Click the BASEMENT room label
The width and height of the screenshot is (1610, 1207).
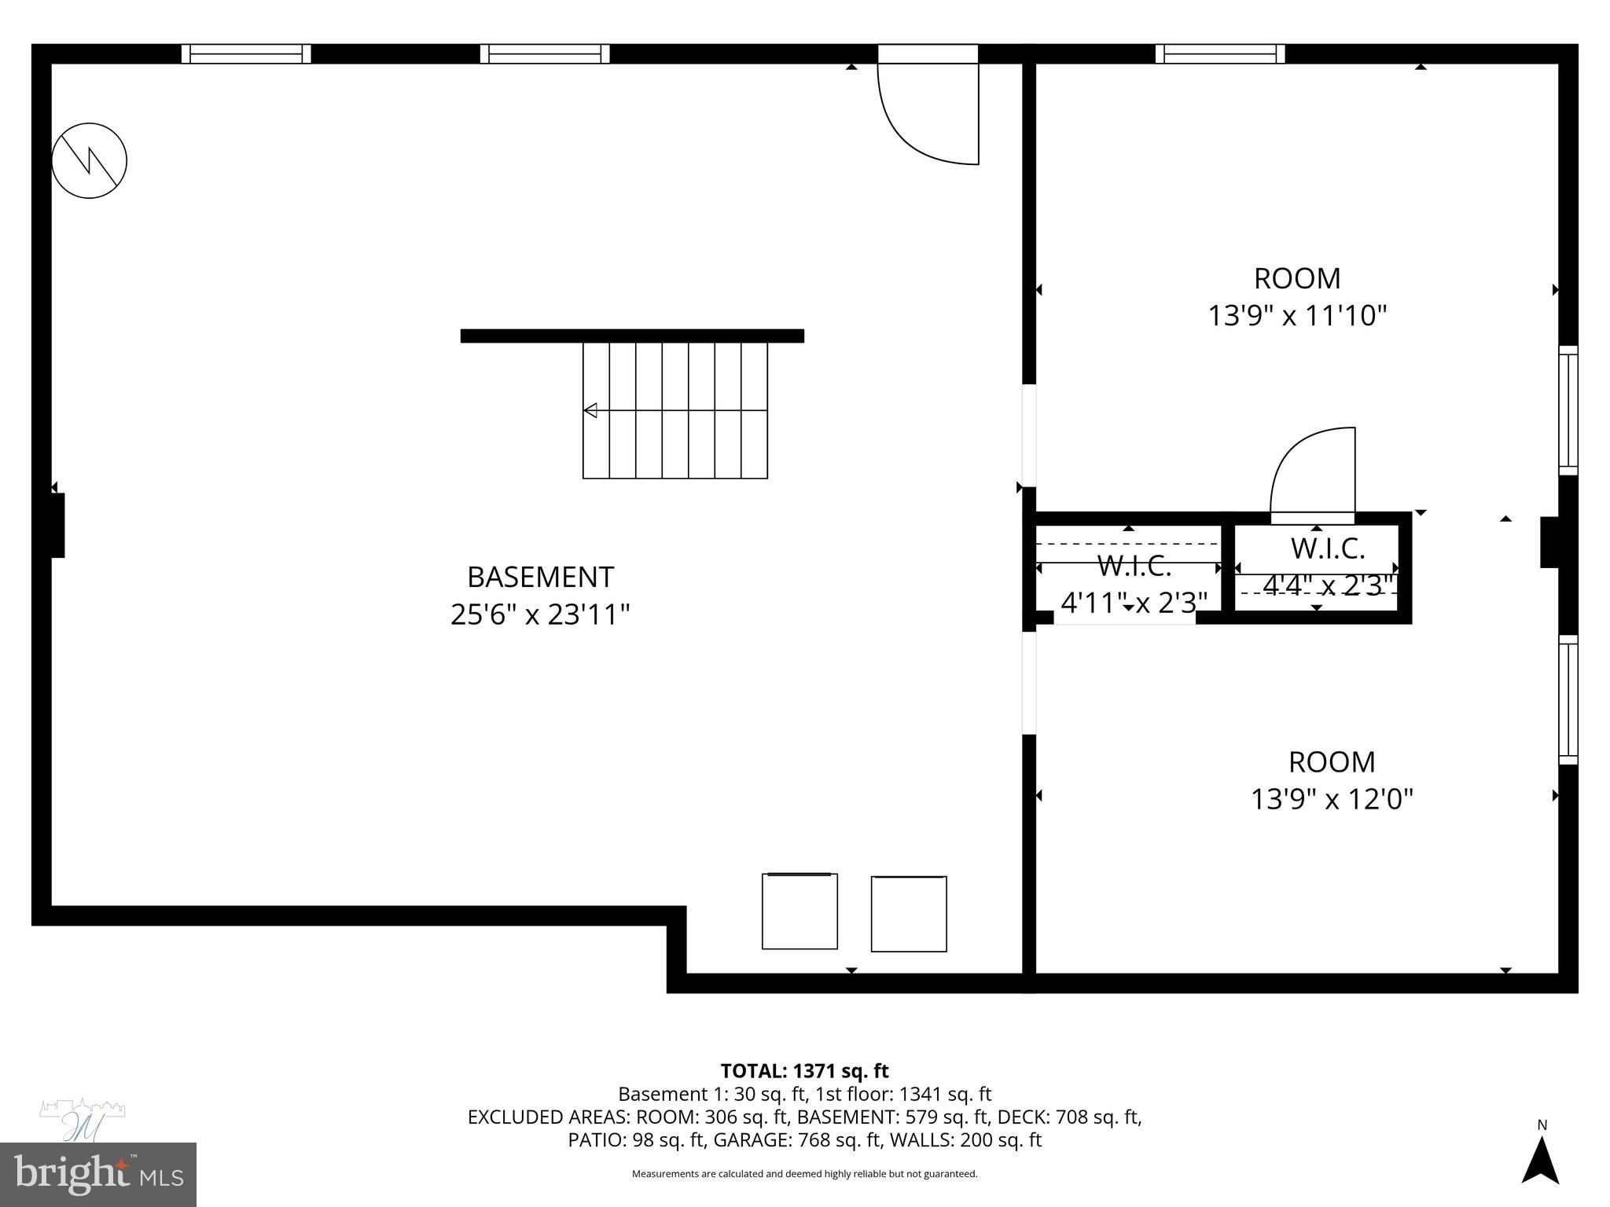540,577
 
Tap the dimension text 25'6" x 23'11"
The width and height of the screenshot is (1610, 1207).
540,615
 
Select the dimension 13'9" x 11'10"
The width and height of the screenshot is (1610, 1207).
1297,316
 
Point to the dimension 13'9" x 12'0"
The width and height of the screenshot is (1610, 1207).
1332,799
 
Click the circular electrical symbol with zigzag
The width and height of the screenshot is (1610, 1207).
89,160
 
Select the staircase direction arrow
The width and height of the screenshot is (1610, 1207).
590,410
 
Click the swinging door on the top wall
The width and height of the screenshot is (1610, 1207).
928,110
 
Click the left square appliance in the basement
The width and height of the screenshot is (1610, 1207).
799,911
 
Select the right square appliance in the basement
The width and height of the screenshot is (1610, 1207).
909,914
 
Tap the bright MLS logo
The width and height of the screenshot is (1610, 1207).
98,1174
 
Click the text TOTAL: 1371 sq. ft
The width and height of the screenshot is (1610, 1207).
804,1071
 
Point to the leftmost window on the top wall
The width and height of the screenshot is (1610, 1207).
246,53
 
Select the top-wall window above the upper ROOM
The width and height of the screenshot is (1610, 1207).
1220,53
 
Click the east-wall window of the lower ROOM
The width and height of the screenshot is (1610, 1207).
1568,699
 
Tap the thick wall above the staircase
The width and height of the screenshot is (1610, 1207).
632,336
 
